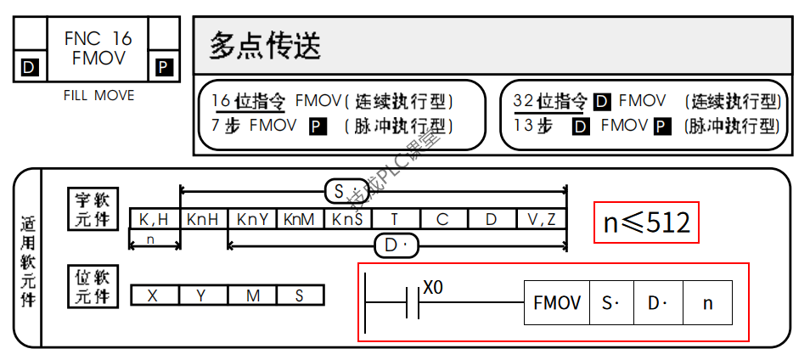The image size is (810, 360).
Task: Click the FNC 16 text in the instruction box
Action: (x=98, y=38)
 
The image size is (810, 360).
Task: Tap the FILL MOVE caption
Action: (x=98, y=96)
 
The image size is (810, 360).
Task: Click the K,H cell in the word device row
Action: (x=154, y=219)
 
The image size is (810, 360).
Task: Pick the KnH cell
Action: (x=203, y=219)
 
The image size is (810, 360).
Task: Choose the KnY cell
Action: (x=252, y=219)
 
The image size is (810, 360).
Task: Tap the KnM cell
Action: (x=300, y=219)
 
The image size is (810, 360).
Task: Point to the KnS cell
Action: (x=347, y=219)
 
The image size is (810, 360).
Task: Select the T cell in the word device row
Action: (x=395, y=219)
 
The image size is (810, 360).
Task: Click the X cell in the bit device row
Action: (x=153, y=295)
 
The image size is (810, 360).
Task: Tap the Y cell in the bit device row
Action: (x=201, y=295)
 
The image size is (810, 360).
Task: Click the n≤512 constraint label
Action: (x=646, y=222)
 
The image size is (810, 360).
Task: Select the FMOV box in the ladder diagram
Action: (x=557, y=302)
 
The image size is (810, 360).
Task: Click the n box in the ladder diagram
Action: (x=707, y=302)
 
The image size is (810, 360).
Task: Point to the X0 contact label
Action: (x=433, y=287)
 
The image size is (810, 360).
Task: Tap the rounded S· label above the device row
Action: (x=347, y=192)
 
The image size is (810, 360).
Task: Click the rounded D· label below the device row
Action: (x=397, y=246)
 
